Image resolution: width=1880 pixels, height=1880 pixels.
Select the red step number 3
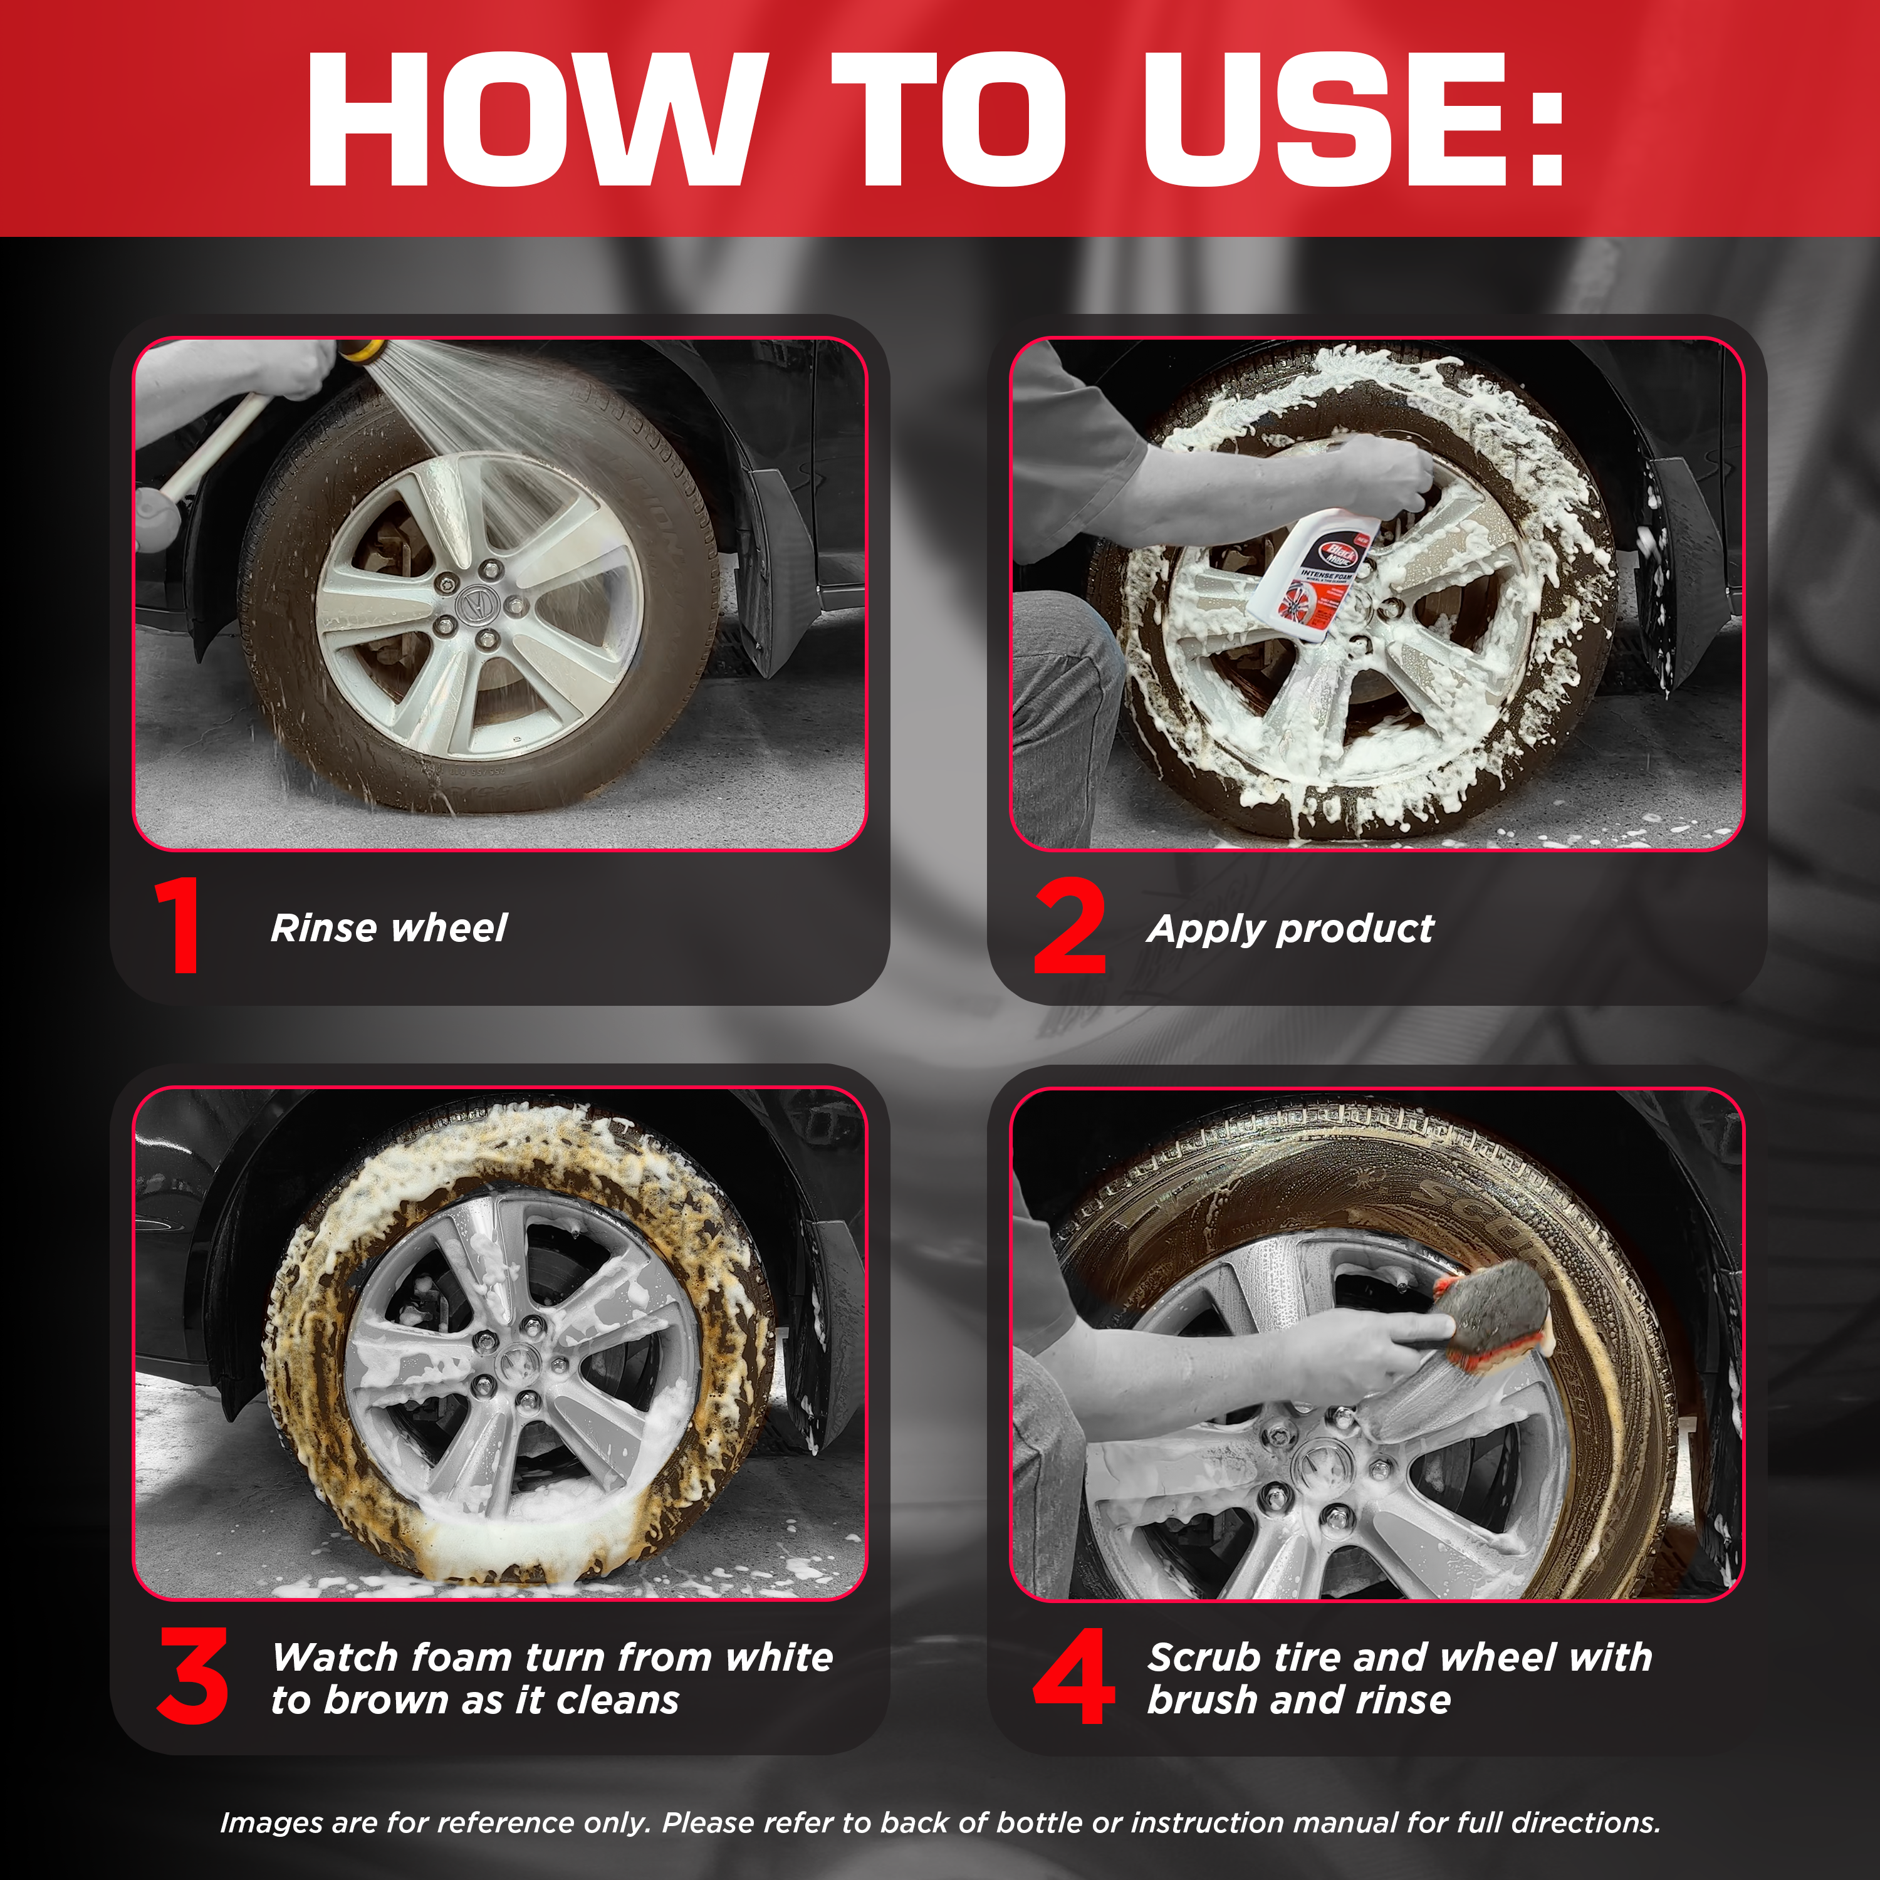tap(192, 1676)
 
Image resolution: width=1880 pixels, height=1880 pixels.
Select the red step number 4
tap(1073, 1676)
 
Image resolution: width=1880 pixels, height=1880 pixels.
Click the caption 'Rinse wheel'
tap(389, 927)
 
